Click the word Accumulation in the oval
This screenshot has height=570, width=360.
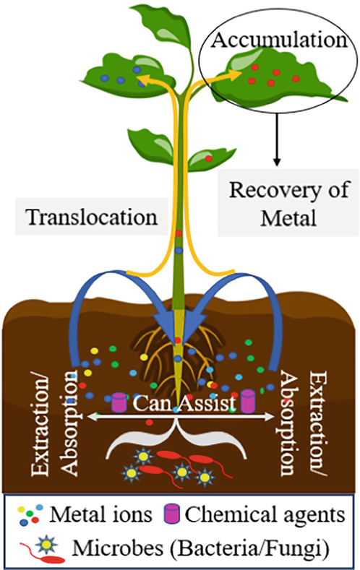click(x=279, y=40)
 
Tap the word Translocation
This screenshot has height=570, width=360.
click(x=92, y=217)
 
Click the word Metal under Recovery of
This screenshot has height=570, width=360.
click(x=288, y=218)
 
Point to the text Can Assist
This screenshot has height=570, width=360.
click(x=184, y=403)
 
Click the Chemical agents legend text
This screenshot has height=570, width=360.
click(x=265, y=514)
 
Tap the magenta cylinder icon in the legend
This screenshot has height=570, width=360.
click(x=171, y=514)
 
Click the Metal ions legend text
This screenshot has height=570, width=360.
click(x=100, y=514)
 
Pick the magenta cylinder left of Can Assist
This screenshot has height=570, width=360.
click(x=119, y=402)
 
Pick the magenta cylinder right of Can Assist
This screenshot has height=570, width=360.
click(x=248, y=401)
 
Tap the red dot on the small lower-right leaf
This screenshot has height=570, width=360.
click(x=208, y=158)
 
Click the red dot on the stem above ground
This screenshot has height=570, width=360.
click(x=178, y=233)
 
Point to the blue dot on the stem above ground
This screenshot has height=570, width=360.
click(x=179, y=251)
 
